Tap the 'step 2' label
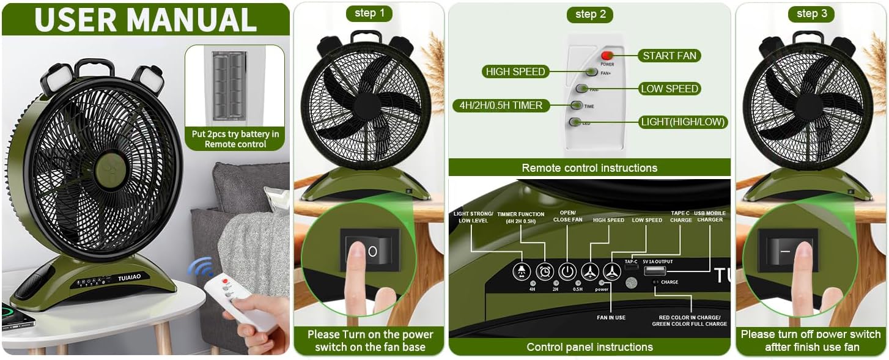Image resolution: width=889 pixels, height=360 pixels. tap(589, 14)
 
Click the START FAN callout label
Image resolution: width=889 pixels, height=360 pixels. tap(670, 56)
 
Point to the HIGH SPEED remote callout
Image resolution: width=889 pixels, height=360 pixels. tap(515, 72)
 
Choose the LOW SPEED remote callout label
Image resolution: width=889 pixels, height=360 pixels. tap(669, 89)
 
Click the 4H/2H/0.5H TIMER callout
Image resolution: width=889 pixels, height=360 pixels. tap(501, 105)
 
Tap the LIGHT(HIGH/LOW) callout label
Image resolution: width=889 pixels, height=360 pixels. tap(682, 122)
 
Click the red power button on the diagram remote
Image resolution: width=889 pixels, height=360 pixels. tap(607, 56)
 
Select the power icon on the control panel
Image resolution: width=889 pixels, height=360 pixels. tap(568, 271)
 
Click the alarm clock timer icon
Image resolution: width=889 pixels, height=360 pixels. tap(545, 271)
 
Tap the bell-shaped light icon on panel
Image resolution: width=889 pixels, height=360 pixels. tap(522, 271)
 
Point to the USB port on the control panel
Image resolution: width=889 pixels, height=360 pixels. tap(655, 271)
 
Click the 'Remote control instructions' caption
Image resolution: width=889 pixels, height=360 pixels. tap(589, 167)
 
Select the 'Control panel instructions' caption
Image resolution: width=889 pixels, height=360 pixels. tap(589, 347)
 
